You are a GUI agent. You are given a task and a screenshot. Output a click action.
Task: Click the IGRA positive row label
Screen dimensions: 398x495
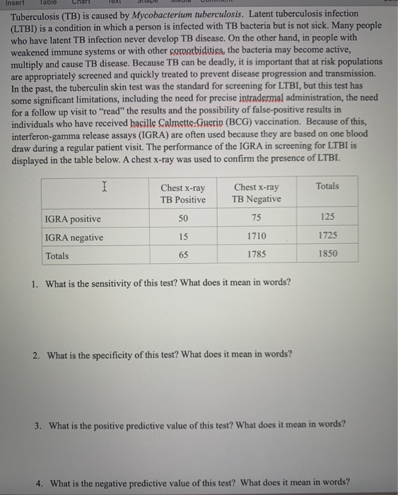73,219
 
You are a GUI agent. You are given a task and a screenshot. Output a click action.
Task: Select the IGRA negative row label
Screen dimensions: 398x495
74,238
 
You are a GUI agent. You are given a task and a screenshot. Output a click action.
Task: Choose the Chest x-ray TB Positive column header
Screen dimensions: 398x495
183,193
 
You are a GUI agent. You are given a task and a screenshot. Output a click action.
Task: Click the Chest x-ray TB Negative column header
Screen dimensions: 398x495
256,193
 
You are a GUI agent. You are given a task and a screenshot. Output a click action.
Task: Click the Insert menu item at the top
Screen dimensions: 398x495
13,3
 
